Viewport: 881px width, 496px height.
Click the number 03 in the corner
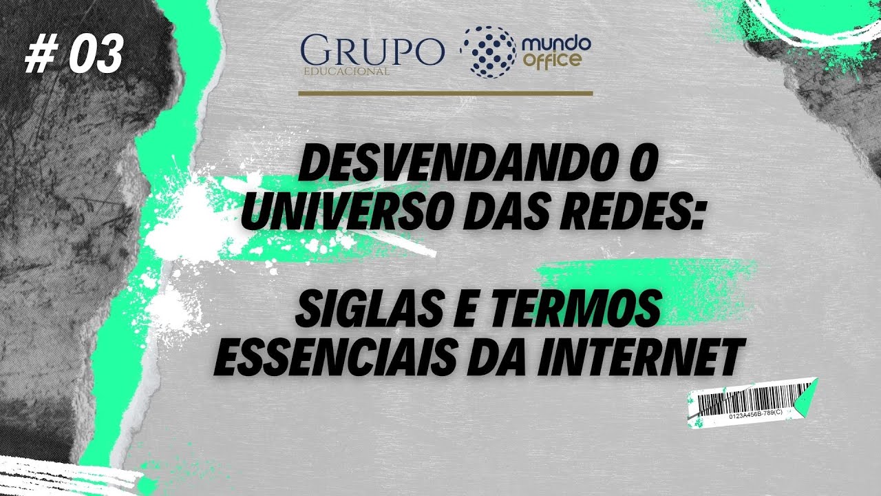tap(96, 54)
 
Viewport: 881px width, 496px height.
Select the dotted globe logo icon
tap(487, 51)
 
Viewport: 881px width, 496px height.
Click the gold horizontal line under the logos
tap(445, 92)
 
